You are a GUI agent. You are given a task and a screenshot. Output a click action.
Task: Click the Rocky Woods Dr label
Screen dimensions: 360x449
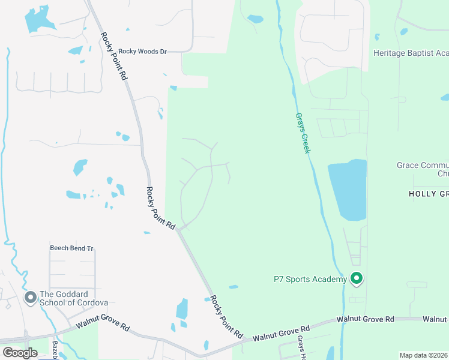[x=142, y=52]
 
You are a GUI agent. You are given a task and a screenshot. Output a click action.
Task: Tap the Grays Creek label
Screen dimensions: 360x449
[x=302, y=133]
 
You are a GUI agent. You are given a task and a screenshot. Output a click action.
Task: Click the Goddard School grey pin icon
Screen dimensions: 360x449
[x=30, y=298]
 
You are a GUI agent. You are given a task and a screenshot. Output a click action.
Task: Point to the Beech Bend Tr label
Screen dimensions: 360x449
[x=72, y=248]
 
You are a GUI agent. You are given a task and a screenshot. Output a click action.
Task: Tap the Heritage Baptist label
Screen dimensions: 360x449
[x=411, y=53]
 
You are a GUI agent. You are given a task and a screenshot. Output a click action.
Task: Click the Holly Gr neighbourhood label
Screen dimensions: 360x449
[x=428, y=194]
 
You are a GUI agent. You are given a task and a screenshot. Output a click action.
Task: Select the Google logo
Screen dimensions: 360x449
[x=20, y=353]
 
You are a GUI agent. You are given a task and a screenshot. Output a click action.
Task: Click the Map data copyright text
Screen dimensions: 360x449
[x=424, y=355]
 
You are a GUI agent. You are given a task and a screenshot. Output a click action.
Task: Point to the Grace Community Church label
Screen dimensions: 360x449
[x=423, y=169]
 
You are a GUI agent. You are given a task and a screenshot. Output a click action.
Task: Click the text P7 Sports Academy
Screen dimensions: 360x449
[x=310, y=279]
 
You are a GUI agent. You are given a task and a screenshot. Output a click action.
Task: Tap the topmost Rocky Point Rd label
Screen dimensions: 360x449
[x=115, y=56]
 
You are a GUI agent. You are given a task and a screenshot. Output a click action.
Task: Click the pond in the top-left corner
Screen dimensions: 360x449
[x=37, y=20]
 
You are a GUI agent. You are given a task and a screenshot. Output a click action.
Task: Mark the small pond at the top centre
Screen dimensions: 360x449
[x=255, y=19]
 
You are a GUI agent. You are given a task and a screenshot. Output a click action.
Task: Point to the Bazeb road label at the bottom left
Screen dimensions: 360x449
[x=55, y=347]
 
